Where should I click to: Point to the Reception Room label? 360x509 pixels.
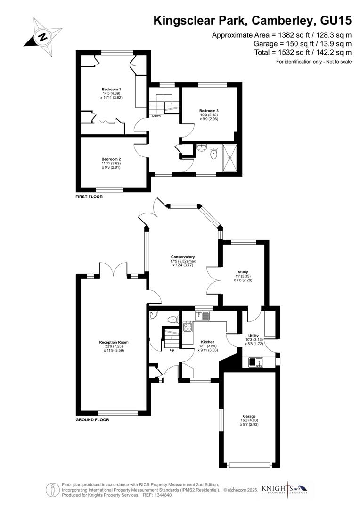113,346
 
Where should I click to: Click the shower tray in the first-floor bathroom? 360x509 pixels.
230,157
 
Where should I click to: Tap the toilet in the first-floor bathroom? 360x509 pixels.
214,153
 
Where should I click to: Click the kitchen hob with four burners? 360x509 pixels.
188,326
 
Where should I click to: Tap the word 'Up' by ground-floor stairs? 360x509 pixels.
172,350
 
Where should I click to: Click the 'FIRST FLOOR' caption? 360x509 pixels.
89,197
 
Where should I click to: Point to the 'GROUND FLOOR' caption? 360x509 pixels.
92,419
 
